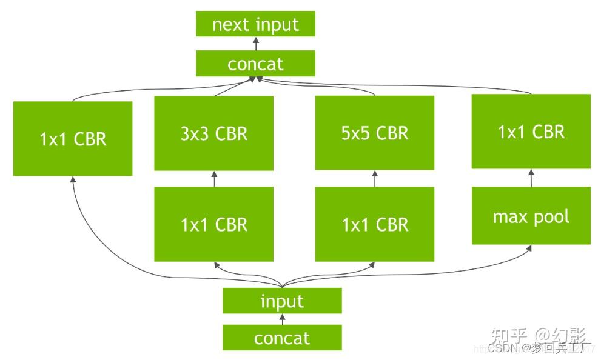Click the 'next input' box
[255, 25]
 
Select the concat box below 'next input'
[255, 64]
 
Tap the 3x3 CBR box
[213, 133]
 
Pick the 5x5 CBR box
[374, 132]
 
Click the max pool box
[531, 216]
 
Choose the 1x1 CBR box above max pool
[531, 132]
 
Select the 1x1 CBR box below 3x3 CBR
[213, 224]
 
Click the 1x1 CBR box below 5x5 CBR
[374, 224]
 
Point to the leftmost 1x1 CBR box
[73, 139]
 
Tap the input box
[282, 301]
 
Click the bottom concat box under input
[282, 338]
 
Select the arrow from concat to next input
[255, 44]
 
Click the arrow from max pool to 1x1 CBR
[531, 178]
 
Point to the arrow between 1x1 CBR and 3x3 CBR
[213, 179]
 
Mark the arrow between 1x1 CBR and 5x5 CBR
[374, 178]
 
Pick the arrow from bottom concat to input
[282, 319]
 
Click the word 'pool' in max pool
[551, 216]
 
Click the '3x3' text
[195, 133]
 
